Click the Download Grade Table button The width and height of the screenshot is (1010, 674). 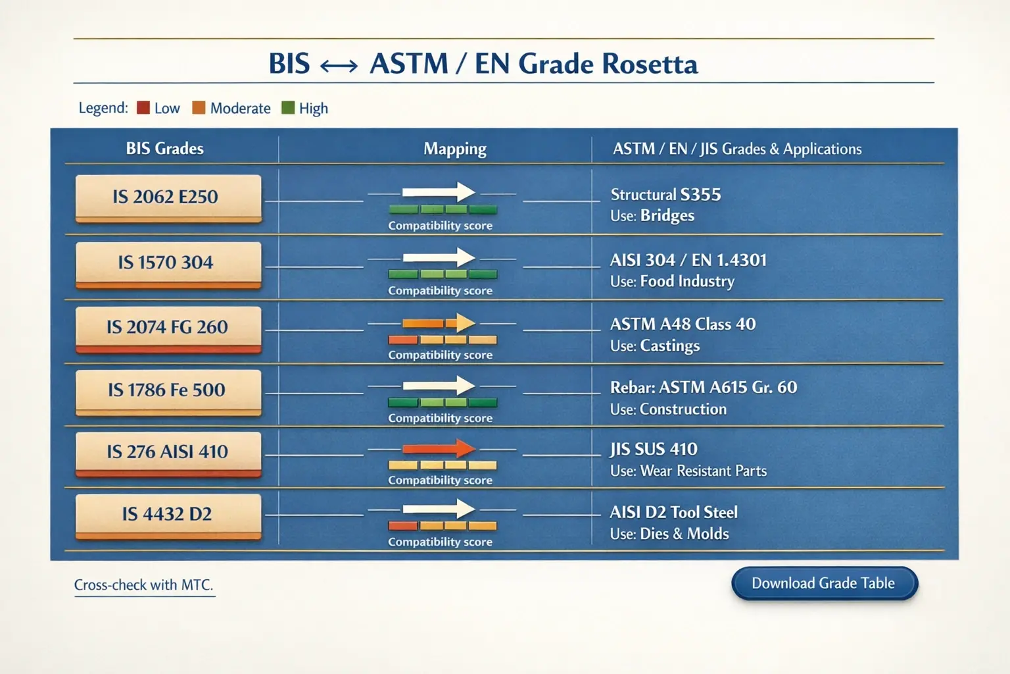824,583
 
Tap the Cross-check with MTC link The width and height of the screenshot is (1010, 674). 144,584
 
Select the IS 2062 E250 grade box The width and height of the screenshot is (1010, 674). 168,197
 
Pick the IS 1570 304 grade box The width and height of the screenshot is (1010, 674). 168,263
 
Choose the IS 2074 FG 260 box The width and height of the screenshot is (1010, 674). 168,327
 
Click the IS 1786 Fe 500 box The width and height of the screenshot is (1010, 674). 168,390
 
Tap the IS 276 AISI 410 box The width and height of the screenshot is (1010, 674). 168,452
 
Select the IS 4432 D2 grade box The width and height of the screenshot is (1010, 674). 168,514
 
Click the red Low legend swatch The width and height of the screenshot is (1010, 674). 143,108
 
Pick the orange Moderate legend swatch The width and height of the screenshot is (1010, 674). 199,108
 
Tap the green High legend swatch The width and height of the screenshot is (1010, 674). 288,108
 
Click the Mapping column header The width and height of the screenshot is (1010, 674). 455,149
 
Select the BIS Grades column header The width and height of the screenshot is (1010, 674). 165,149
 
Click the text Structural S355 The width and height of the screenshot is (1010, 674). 665,195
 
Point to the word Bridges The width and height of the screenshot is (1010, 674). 667,216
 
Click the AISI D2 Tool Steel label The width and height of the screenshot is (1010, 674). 673,512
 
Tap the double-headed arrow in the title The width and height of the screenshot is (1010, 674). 339,65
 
